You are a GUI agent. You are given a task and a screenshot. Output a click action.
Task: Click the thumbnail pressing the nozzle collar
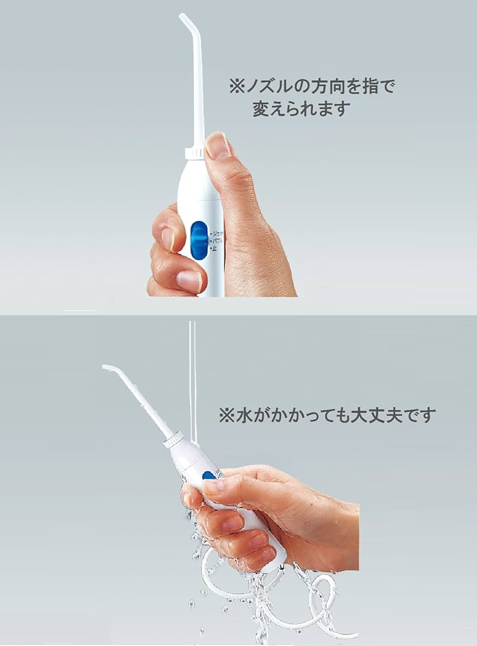coord(218,147)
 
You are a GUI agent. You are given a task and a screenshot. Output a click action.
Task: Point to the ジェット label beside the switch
coord(215,233)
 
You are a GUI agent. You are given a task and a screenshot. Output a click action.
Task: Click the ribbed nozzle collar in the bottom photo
coord(173,441)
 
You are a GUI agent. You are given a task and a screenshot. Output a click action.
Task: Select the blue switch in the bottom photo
coord(207,476)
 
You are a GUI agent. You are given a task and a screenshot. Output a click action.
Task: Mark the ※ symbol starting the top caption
coord(235,87)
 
